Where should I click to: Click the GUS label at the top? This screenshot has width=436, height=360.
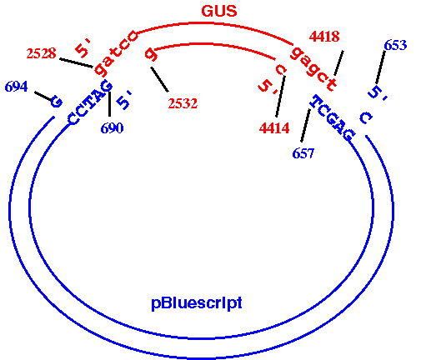[x=219, y=11]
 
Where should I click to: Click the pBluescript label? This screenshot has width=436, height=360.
[x=197, y=302]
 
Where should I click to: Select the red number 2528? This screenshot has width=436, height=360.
[x=41, y=53]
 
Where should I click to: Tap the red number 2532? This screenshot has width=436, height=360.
[x=183, y=103]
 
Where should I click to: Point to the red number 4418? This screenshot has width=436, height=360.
[x=324, y=37]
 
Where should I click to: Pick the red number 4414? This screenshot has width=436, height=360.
[x=274, y=128]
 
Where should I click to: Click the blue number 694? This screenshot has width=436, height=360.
[x=17, y=87]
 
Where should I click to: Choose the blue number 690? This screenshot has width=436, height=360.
[x=112, y=128]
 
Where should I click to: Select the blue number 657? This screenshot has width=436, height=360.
[x=303, y=153]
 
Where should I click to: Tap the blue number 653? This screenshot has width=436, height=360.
[x=395, y=45]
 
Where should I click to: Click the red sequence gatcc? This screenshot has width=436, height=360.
[x=115, y=53]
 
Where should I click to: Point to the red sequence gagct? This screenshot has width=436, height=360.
[x=313, y=69]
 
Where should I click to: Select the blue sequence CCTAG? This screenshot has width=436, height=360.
[x=89, y=102]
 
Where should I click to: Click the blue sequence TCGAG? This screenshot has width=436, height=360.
[x=333, y=117]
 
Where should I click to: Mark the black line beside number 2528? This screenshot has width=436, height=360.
[x=76, y=62]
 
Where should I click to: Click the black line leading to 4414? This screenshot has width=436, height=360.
[x=280, y=96]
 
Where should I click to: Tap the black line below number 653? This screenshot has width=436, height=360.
[x=381, y=67]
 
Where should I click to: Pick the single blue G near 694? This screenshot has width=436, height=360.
[x=56, y=102]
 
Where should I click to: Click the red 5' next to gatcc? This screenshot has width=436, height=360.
[x=83, y=48]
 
